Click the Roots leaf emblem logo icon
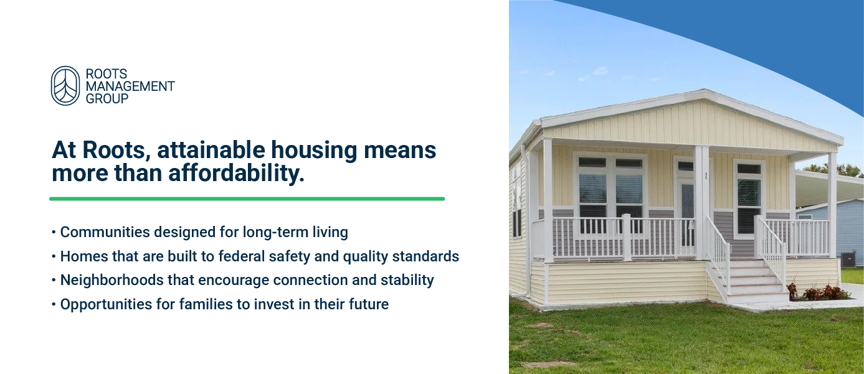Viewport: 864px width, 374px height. tap(65, 85)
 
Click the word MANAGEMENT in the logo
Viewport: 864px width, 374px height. tap(130, 86)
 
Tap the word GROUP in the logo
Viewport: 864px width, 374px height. tap(107, 99)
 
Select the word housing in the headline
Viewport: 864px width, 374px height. tap(314, 150)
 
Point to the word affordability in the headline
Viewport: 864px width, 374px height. tap(236, 174)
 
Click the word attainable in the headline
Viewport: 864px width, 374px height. tap(211, 150)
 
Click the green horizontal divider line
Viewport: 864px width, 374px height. tap(247, 199)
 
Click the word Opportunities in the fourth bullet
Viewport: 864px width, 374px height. tap(106, 304)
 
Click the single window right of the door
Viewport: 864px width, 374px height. tap(749, 199)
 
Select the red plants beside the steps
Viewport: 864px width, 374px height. tap(817, 292)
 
